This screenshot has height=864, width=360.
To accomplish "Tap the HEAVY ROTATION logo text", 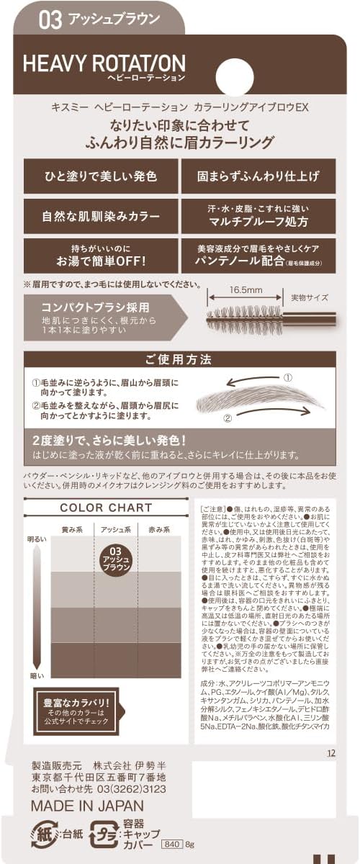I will (104, 64).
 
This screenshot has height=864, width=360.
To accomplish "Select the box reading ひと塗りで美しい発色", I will (101, 176).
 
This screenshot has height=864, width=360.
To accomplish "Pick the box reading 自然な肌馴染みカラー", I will (101, 215).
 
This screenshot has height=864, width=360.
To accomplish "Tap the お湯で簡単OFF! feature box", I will (101, 256).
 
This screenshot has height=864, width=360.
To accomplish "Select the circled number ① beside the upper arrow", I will (287, 377).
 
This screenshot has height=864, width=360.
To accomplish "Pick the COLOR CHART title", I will (106, 508).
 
